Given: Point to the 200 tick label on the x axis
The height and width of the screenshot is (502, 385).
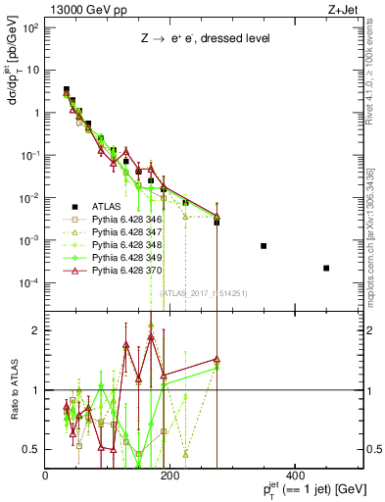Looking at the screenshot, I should [x=170, y=476].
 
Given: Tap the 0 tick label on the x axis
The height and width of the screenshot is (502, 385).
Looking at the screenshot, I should [x=46, y=476].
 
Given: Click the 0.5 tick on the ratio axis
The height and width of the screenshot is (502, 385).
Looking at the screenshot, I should [x=32, y=449].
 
